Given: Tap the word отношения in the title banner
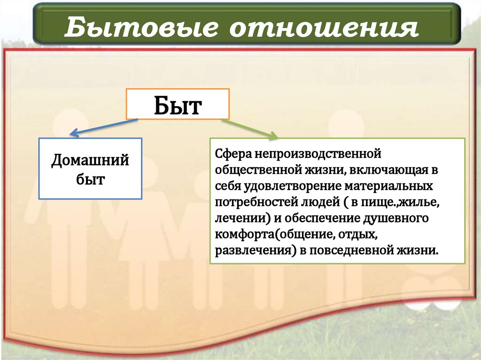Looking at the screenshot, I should click(x=324, y=27).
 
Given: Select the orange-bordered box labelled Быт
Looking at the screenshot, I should click(x=177, y=105).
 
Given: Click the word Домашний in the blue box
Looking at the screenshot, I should click(x=90, y=161).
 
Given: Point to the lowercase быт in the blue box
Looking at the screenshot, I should click(x=90, y=179).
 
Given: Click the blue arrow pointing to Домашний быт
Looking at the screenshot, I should click(x=103, y=127).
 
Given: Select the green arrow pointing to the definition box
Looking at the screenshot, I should click(x=249, y=129).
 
